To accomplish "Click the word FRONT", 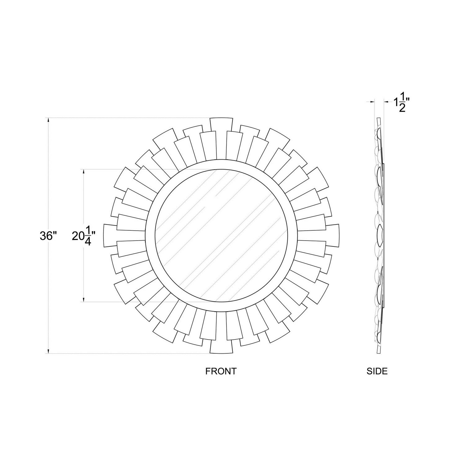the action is [221, 371].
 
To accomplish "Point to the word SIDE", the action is [377, 371].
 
